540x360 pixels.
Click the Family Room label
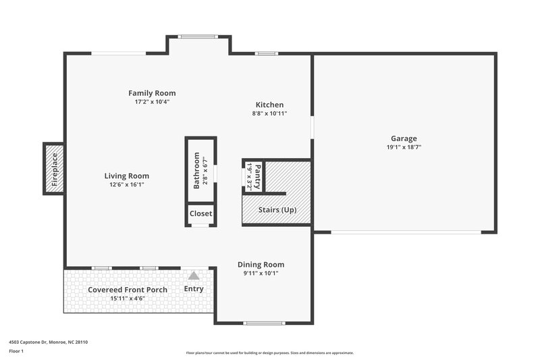[152, 93]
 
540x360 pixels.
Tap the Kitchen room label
[269, 105]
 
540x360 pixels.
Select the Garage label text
[404, 138]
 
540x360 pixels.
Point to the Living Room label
[126, 176]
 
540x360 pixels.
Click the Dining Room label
[261, 265]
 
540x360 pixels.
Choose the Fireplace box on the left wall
[54, 169]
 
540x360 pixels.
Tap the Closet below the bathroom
[200, 214]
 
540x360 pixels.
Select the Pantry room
[252, 176]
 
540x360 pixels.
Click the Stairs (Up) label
[277, 209]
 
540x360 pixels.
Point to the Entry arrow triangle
[194, 276]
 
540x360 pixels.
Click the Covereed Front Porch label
[128, 290]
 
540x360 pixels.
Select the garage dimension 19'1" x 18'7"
[404, 147]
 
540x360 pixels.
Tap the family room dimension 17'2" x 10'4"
[152, 102]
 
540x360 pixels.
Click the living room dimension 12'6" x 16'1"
[126, 184]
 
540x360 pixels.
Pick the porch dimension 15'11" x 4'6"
[128, 298]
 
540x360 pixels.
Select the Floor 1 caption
[16, 352]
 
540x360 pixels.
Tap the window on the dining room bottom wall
[263, 323]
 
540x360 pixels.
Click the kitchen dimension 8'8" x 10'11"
[269, 113]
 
